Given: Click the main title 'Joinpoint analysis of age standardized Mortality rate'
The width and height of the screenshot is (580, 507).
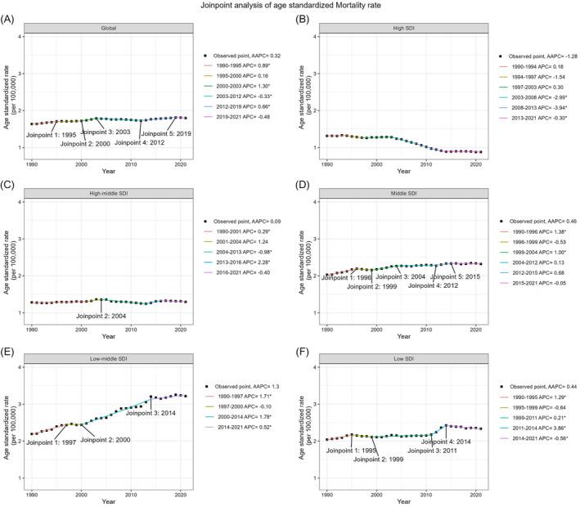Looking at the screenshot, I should (x=290, y=6).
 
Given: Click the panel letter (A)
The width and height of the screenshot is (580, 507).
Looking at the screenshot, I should (x=10, y=17).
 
